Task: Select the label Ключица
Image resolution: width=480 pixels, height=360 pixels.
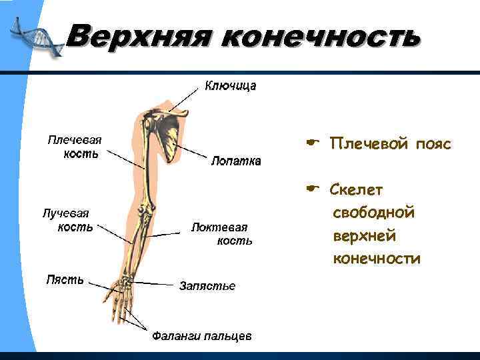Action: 230,86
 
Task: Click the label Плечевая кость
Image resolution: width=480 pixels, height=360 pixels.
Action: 74,147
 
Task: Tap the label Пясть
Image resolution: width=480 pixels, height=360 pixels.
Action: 65,279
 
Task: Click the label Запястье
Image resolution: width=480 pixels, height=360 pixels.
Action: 207,286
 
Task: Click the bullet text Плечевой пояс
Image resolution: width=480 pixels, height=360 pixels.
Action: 391,144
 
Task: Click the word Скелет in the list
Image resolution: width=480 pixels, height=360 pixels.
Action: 357,191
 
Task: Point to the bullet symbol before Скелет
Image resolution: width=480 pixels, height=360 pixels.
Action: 311,190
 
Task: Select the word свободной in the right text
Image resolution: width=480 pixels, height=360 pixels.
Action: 373,213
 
